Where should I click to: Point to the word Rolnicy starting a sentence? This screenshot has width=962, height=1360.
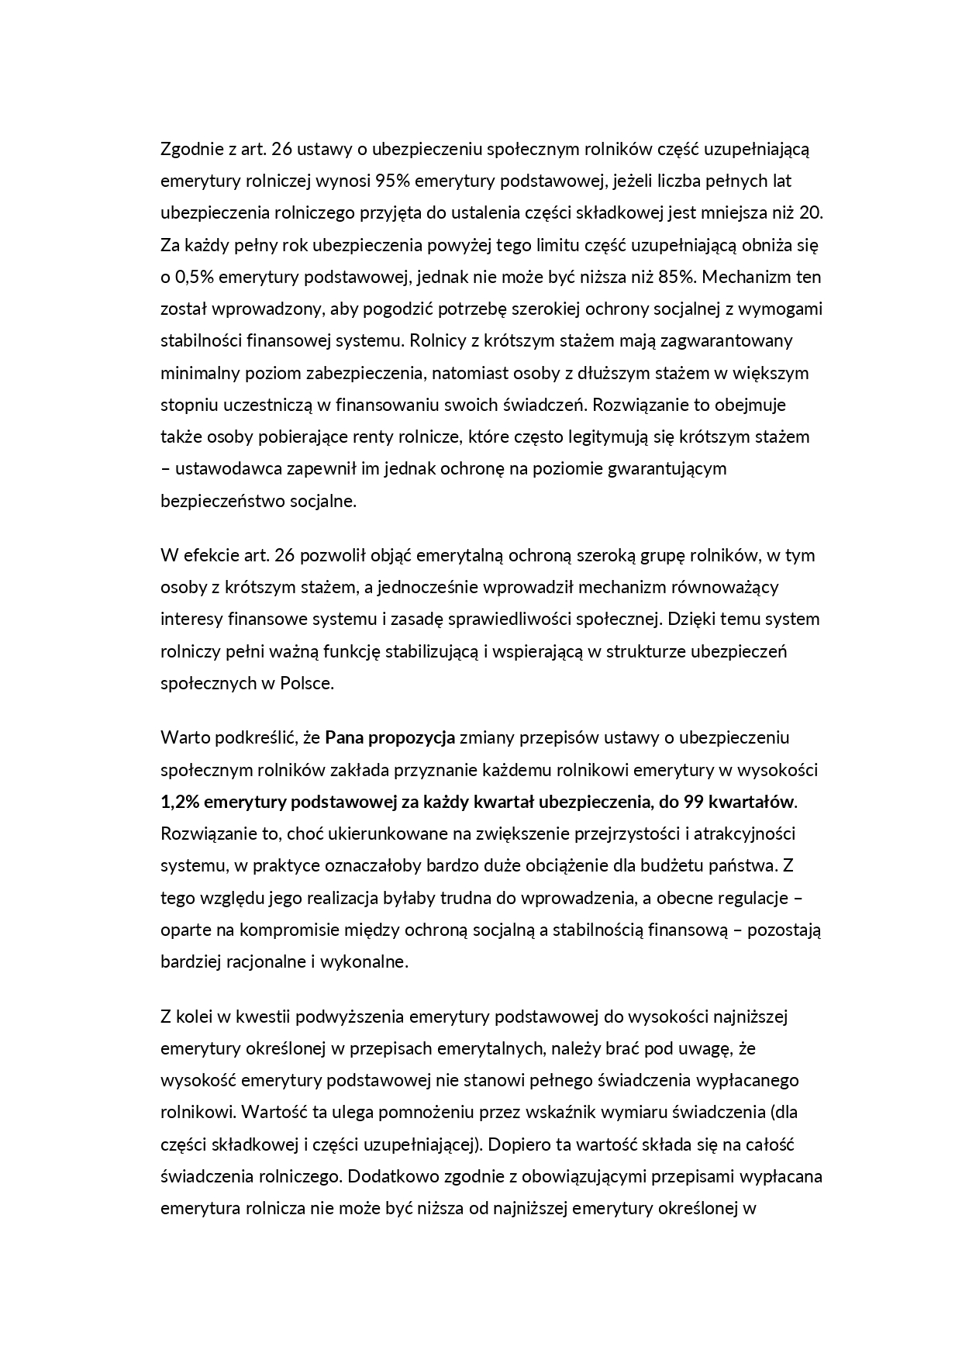coord(440,340)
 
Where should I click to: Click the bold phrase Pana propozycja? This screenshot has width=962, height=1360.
coord(390,737)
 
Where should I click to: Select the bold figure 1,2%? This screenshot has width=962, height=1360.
coord(180,801)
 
